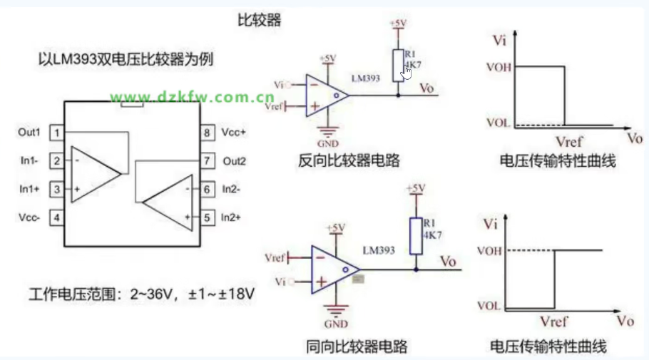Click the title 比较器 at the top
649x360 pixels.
[259, 20]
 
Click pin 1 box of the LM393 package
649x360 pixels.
[56, 133]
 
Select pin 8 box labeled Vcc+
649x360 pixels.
[207, 133]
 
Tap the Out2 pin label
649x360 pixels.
[234, 161]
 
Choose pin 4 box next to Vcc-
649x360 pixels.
[56, 217]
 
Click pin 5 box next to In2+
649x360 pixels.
[207, 217]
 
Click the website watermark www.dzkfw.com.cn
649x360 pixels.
[192, 97]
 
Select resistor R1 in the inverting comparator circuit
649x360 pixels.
[399, 63]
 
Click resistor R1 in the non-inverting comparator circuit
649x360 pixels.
[416, 235]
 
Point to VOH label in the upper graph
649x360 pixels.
[498, 66]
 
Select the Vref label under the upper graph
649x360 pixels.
[569, 143]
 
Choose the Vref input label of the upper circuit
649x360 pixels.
[272, 106]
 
